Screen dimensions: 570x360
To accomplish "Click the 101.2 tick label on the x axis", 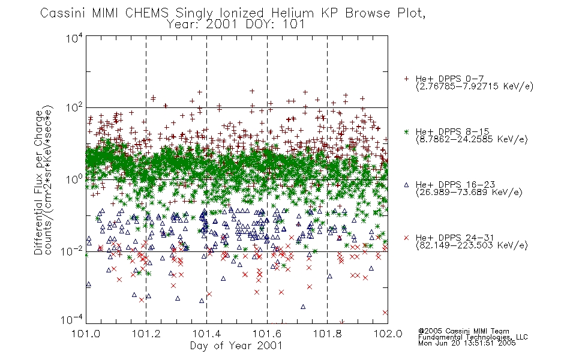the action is tap(146, 334).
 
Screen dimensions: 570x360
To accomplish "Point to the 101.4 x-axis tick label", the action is tap(206, 334).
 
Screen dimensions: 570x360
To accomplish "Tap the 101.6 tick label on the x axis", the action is tap(267, 334).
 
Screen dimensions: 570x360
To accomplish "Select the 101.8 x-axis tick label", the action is tap(327, 334).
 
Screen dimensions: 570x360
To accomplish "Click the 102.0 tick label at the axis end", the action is tap(388, 334).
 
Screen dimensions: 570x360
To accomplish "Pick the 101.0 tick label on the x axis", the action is tap(86, 334).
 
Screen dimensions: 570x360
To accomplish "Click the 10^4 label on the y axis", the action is tap(74, 38).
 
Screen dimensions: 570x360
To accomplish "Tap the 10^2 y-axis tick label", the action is tap(74, 108).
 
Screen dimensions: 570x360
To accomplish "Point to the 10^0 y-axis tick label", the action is tap(74, 179).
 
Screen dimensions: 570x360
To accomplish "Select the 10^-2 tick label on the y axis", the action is tap(72, 251).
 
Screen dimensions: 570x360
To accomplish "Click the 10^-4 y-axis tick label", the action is tap(72, 320).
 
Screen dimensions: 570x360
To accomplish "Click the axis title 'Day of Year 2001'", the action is tap(236, 346).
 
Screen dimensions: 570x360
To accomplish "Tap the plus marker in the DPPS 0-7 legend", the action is tap(406, 79).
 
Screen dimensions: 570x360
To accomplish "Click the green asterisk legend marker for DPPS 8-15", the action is tap(406, 131).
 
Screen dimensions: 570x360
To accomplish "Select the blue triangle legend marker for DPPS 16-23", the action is tap(406, 185).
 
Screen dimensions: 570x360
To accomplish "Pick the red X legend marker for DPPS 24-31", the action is tap(406, 238).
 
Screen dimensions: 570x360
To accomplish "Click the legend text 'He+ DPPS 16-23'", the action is tap(455, 184).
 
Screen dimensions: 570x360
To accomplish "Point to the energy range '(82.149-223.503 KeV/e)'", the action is tap(472, 245).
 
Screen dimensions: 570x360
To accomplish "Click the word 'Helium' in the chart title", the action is tap(292, 13).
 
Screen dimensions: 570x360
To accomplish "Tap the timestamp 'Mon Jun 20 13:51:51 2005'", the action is tap(467, 343).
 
